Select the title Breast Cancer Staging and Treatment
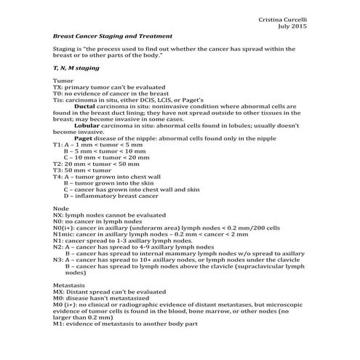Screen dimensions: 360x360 (113, 36)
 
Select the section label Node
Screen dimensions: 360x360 (61, 208)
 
